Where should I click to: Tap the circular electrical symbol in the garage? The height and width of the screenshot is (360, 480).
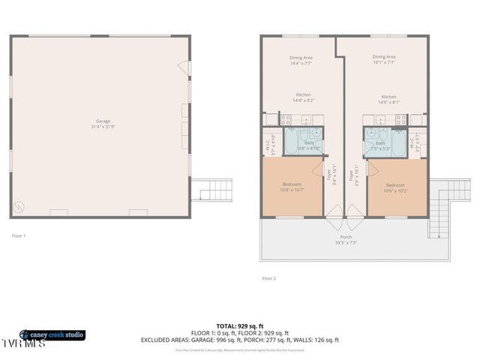(x=19, y=206)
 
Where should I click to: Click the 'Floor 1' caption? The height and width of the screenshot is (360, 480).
(x=19, y=236)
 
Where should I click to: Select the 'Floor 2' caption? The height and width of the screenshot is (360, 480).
(x=269, y=278)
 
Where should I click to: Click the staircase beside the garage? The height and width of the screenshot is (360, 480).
(x=203, y=190)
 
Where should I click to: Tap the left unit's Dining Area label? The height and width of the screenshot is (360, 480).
(x=301, y=60)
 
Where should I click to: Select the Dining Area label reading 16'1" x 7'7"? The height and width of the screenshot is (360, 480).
(x=384, y=60)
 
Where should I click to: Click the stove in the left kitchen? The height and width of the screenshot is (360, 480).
(x=286, y=118)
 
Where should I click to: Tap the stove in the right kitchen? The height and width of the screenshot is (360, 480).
(x=401, y=118)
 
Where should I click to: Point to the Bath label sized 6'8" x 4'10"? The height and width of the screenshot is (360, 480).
(x=309, y=145)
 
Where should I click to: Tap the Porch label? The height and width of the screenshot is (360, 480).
(x=346, y=239)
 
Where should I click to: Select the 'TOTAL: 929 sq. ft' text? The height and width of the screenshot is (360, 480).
(x=239, y=327)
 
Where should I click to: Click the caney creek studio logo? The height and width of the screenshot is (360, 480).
(x=52, y=335)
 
